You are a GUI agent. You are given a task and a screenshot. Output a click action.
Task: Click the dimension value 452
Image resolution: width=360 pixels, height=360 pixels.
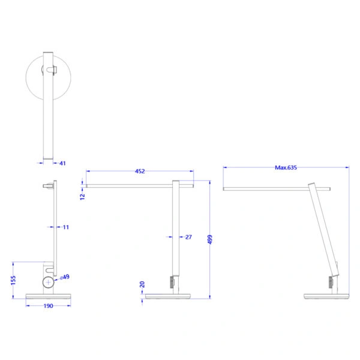pyautogui.click(x=139, y=172)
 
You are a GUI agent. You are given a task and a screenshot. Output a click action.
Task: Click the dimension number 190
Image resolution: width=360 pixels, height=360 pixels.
pyautogui.click(x=48, y=306)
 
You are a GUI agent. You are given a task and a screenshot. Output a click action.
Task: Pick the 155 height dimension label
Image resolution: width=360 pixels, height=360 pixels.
pyautogui.click(x=13, y=281)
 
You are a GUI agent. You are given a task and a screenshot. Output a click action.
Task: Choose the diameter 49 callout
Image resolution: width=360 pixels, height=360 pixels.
pyautogui.click(x=64, y=277)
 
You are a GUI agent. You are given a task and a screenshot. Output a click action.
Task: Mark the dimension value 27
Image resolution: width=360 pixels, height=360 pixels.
pyautogui.click(x=188, y=238)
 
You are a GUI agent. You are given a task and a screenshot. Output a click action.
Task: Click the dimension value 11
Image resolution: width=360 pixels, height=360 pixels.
pyautogui.click(x=65, y=227)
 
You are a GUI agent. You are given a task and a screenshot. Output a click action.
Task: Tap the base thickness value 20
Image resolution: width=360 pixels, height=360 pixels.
pyautogui.click(x=142, y=284)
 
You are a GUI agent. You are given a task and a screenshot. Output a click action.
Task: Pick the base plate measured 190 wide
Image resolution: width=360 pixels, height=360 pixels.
pyautogui.click(x=48, y=296)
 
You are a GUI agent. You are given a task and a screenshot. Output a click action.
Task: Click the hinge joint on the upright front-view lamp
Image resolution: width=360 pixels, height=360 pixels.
pyautogui.click(x=173, y=281)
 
